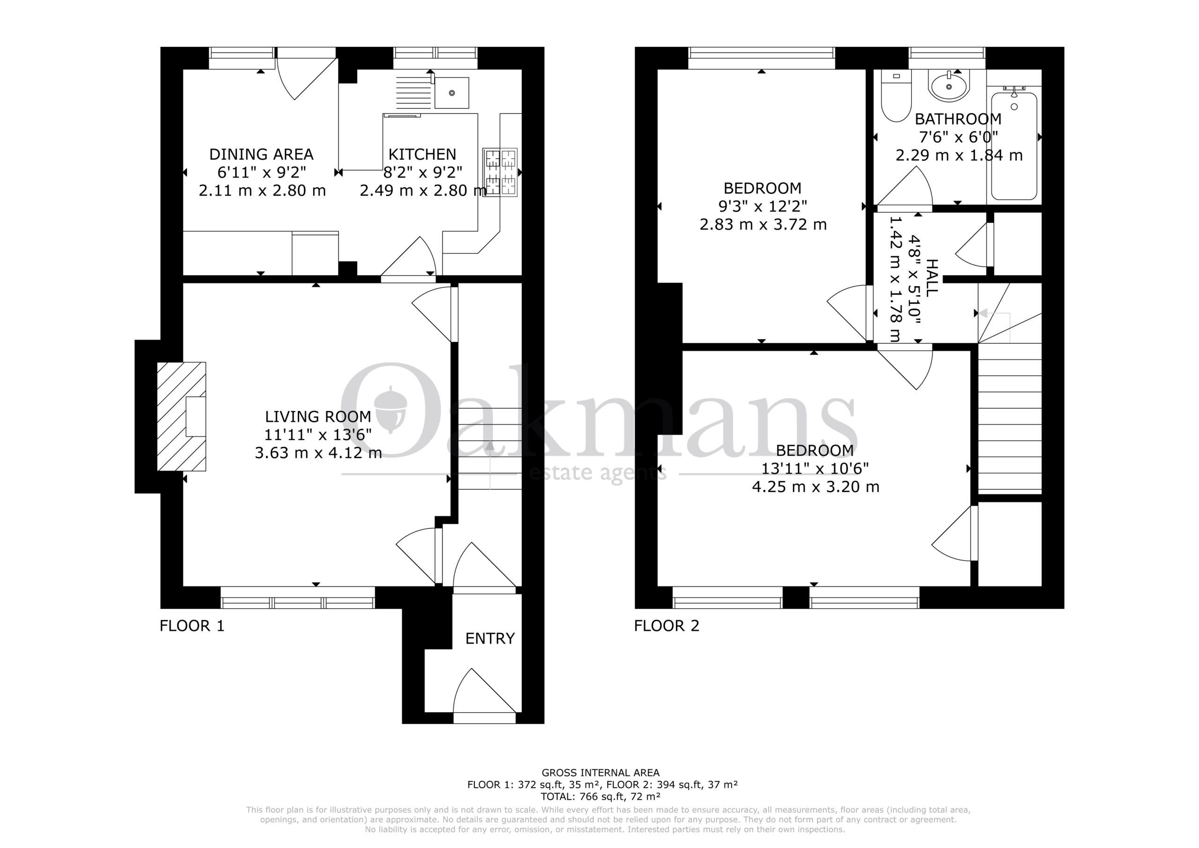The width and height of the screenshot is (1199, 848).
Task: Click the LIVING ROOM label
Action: pos(318,417)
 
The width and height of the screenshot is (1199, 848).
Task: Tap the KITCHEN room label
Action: pos(422,154)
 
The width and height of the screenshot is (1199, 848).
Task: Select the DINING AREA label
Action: pos(261,154)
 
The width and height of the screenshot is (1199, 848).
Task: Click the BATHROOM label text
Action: pos(958,119)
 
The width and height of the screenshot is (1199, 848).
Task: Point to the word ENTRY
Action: pos(490,638)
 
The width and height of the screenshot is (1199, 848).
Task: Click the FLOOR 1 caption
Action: pos(192,625)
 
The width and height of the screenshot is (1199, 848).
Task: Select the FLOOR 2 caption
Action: pos(666,625)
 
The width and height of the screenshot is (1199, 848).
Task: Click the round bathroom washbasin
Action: pos(949,86)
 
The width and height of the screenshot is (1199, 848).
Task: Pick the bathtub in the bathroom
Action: pos(1014,146)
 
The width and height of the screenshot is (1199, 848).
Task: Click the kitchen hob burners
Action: pos(500,172)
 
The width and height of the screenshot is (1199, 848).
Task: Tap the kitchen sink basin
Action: pos(451,93)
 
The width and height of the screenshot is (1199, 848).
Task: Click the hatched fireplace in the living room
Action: pos(182,417)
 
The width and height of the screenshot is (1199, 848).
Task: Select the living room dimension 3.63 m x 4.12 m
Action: pos(318,453)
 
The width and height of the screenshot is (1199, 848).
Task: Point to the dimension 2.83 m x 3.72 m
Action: pos(763,225)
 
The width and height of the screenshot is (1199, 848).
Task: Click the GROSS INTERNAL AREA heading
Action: pos(600,772)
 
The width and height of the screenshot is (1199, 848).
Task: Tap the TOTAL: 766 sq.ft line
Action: pos(600,797)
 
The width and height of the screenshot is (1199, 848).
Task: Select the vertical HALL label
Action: pos(931,278)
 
